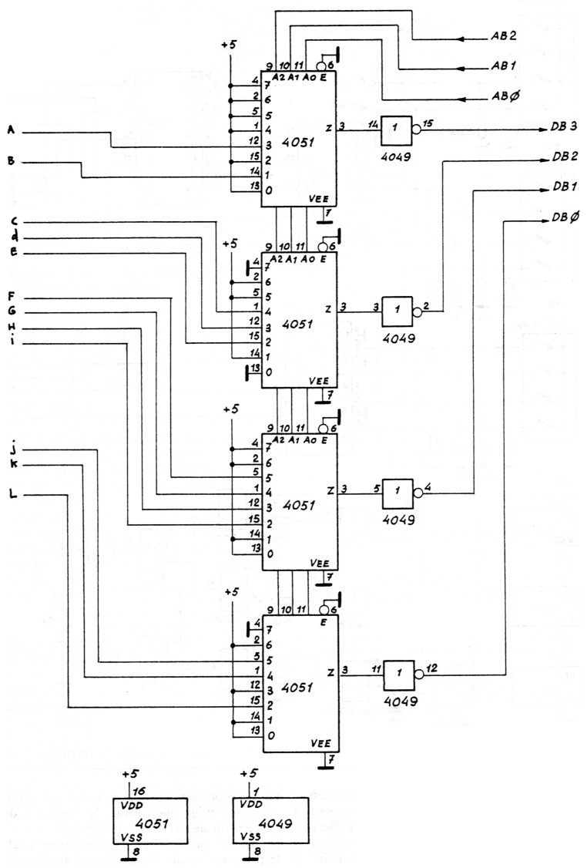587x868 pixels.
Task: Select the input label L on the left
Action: pyautogui.click(x=11, y=493)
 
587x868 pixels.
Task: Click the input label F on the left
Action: pyautogui.click(x=11, y=298)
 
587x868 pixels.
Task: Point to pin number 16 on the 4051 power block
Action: pyautogui.click(x=139, y=790)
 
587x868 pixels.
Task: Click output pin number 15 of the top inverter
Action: pyautogui.click(x=428, y=123)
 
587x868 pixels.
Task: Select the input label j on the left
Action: pyautogui.click(x=12, y=449)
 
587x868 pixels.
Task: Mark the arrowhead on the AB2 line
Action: pyautogui.click(x=463, y=38)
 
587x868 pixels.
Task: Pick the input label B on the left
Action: pyautogui.click(x=11, y=162)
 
